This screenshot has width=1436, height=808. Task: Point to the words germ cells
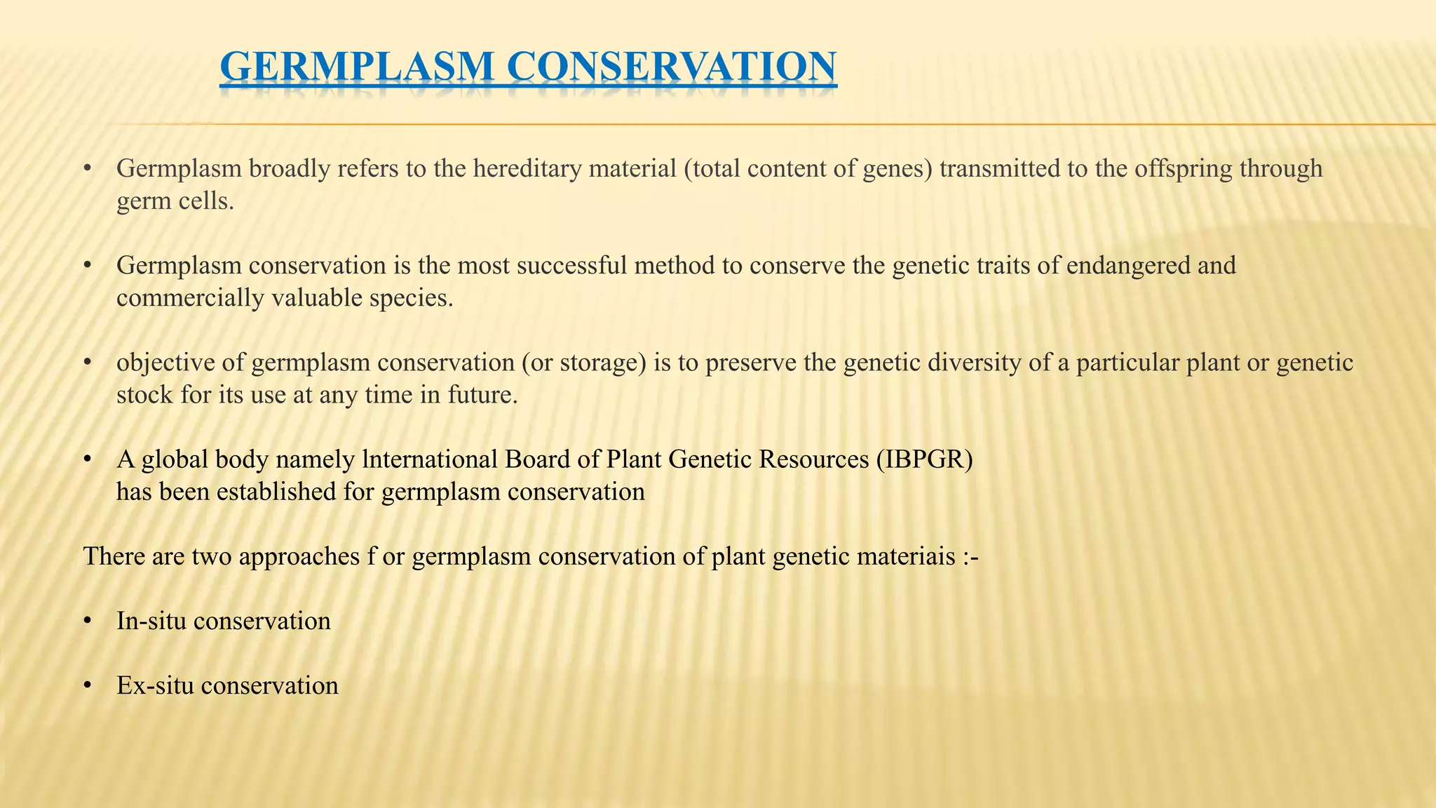pos(175,202)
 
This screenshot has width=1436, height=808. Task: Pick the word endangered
pos(1126,266)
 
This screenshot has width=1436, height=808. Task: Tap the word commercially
pos(191,299)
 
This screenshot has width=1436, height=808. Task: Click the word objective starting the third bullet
pos(163,363)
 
